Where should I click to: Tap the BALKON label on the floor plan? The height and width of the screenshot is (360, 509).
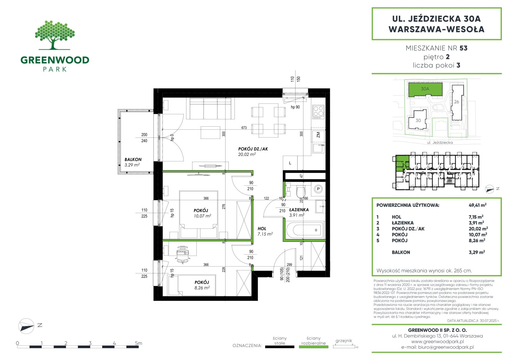133,159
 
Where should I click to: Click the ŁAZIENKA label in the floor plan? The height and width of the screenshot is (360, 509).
299,210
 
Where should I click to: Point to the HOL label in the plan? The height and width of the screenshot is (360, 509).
262,229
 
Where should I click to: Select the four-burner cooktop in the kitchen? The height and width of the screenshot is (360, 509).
318,112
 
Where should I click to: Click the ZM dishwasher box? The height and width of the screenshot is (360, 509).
318,135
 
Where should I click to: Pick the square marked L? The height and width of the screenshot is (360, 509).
290,163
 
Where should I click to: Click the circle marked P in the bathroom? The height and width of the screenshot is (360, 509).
318,189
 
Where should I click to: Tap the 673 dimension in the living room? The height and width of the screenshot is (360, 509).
244,128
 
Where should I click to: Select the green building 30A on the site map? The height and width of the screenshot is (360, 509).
425,89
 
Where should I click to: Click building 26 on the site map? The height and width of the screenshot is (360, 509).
457,102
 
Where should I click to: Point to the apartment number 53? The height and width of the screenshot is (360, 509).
463,48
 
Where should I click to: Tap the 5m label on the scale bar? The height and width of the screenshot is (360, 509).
138,343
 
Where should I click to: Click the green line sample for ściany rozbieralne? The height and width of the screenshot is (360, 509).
313,347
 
